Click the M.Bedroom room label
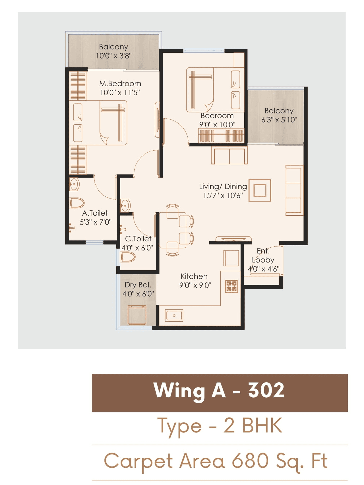point(120,84)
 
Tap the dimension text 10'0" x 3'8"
point(113,56)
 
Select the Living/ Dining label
point(223,186)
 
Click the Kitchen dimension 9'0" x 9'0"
point(195,285)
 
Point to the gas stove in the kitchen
point(231,286)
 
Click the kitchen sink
point(174,316)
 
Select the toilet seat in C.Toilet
point(128,257)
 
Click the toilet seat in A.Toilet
point(77,203)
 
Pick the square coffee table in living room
point(260,190)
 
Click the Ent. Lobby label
point(263,255)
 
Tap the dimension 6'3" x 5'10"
point(279,120)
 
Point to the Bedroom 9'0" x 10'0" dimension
point(217,125)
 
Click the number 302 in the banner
point(266,390)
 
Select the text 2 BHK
point(253,426)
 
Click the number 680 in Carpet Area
point(250,461)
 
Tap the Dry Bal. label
point(138,285)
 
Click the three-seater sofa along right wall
point(294,190)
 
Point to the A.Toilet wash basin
point(74,184)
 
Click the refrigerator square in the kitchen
point(231,258)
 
